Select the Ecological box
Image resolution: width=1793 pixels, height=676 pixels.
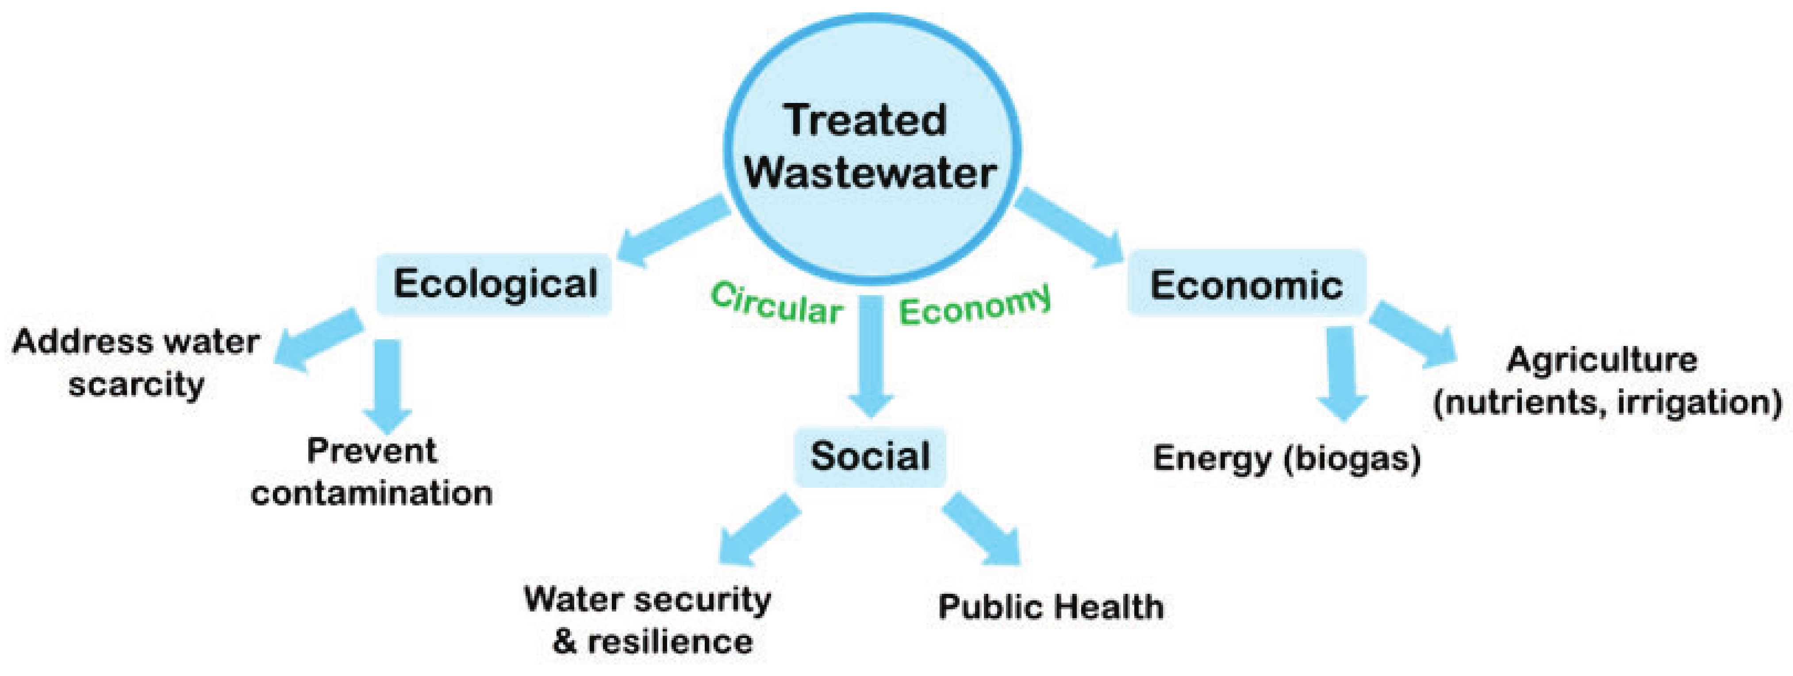point(494,284)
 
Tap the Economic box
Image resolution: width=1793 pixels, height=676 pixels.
point(1246,284)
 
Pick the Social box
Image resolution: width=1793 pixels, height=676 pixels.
point(870,456)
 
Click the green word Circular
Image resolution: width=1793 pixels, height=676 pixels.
point(776,304)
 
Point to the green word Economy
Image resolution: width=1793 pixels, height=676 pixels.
point(975,306)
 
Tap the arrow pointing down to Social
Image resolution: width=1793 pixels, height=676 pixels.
point(871,355)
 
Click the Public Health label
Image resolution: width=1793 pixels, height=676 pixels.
point(1051,607)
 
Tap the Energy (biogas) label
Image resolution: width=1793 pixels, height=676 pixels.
point(1286,459)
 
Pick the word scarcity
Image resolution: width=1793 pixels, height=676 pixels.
point(136,384)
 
